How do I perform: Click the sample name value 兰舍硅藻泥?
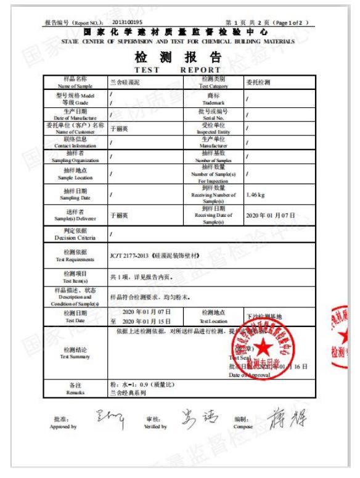[x=125, y=83]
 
